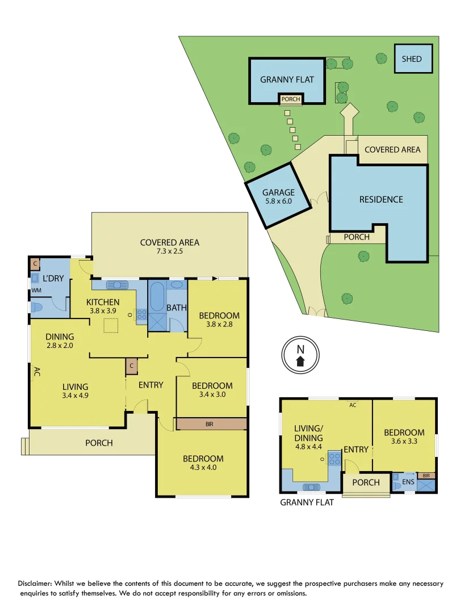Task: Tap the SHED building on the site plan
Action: [412, 59]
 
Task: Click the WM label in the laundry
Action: [36, 290]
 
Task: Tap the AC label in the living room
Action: [36, 372]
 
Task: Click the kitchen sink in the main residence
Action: [116, 285]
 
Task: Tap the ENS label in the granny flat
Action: [408, 482]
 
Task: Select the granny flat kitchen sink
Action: [311, 486]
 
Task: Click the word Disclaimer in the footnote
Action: [36, 583]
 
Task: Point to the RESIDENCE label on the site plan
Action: [381, 199]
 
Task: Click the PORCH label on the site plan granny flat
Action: [290, 99]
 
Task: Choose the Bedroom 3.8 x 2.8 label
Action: [219, 320]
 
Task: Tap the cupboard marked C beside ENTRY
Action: [131, 367]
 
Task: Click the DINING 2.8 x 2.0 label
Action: [60, 341]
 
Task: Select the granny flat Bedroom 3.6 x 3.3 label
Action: [404, 436]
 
